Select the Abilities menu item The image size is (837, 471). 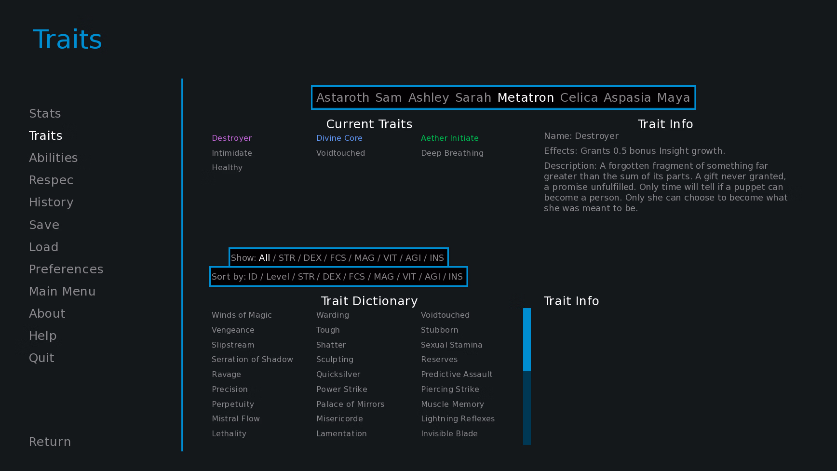pos(53,158)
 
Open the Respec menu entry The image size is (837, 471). pos(51,180)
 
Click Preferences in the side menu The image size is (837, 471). pos(66,269)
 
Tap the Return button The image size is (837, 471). pos(50,442)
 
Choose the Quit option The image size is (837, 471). pos(41,358)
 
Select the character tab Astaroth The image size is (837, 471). pos(343,97)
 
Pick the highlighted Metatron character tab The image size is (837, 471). pos(526,97)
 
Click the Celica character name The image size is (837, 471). pos(579,97)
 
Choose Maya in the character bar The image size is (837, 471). pos(674,98)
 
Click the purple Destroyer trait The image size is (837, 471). pos(232,138)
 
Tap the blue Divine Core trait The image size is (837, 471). pos(339,138)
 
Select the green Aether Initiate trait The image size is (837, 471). pos(450,138)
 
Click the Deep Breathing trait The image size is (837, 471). pos(452,153)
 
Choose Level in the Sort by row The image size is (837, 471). pos(278,277)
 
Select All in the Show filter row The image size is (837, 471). pos(265,258)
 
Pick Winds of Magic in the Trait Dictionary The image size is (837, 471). pos(242,315)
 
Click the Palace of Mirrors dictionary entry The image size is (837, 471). pos(351,404)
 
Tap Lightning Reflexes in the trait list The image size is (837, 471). pos(458,419)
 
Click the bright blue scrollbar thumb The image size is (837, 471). pos(527,339)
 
